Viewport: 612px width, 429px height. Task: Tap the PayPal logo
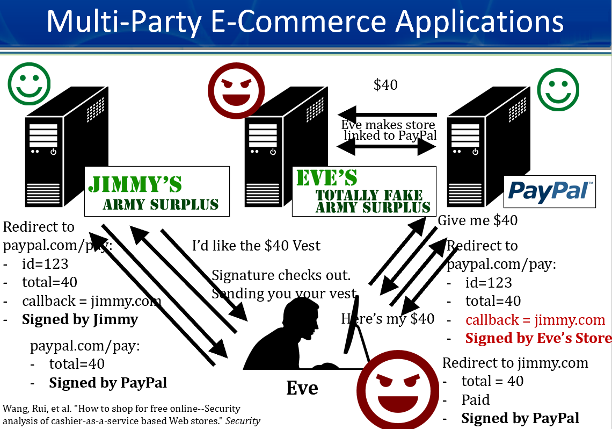click(549, 191)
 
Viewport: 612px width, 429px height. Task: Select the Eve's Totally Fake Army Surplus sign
click(363, 191)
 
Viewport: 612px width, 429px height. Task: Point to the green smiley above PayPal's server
click(559, 89)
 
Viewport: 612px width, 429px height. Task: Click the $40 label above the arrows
click(385, 85)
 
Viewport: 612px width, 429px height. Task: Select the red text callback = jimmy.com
click(535, 320)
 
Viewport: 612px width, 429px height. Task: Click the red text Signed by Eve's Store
click(538, 338)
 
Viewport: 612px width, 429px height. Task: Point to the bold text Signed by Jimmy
click(80, 319)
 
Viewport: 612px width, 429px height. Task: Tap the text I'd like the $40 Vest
click(256, 246)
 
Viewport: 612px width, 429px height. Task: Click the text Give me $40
click(478, 220)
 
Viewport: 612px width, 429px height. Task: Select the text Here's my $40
click(388, 318)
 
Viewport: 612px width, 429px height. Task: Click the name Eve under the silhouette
click(302, 388)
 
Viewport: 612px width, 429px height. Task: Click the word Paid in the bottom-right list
click(476, 400)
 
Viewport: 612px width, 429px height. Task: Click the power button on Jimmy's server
click(53, 152)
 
